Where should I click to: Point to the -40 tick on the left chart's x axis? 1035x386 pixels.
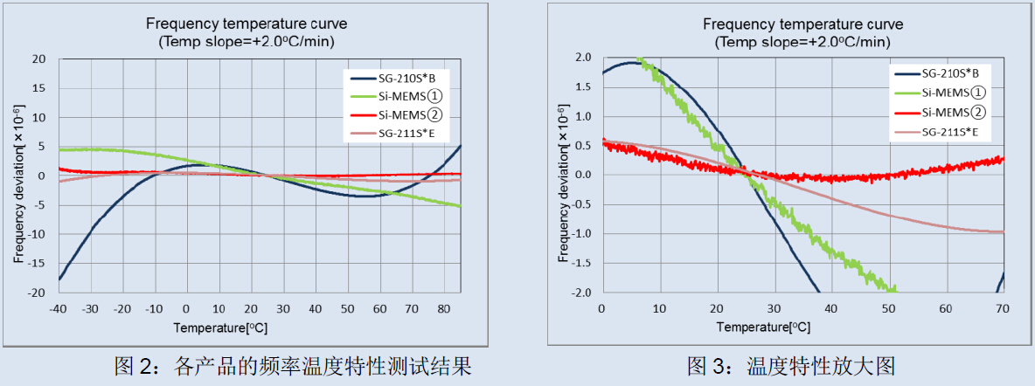pyautogui.click(x=58, y=308)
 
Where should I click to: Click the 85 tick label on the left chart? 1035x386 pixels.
pyautogui.click(x=460, y=308)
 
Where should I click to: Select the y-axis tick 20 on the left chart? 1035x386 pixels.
pyautogui.click(x=39, y=59)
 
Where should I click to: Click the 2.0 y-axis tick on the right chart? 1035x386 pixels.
pyautogui.click(x=583, y=58)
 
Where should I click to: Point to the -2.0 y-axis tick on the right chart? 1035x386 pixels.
pyautogui.click(x=581, y=293)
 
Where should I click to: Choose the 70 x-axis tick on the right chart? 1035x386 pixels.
pyautogui.click(x=1003, y=308)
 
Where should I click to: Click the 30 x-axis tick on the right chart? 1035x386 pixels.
pyautogui.click(x=774, y=308)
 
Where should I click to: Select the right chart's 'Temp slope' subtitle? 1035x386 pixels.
pyautogui.click(x=802, y=41)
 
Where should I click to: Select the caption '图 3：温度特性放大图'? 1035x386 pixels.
pyautogui.click(x=790, y=365)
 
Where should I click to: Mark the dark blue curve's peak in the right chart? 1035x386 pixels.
pyautogui.click(x=631, y=62)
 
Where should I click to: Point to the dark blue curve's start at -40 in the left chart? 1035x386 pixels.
pyautogui.click(x=59, y=279)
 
